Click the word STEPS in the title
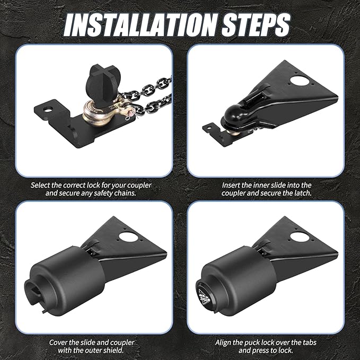coord(256,24)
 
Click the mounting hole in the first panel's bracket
coord(47,110)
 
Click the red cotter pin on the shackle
coord(130,115)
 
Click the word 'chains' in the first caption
coord(125,193)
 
